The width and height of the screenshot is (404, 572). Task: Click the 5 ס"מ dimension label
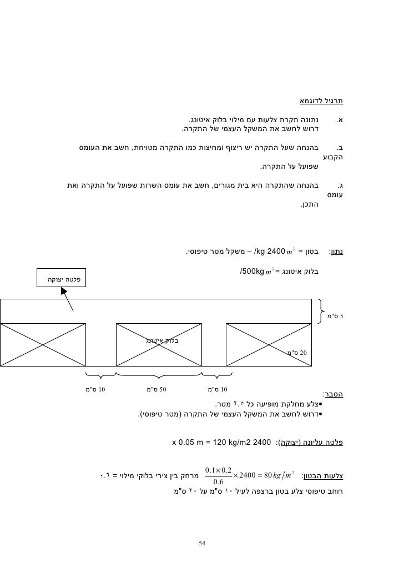tap(336, 317)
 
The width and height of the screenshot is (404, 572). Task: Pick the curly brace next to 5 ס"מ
tap(322, 310)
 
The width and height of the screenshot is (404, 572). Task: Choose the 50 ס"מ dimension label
tap(159, 388)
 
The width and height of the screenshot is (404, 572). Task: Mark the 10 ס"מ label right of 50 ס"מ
tap(217, 388)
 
